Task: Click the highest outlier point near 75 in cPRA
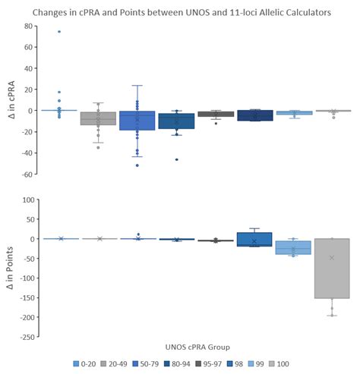(59, 32)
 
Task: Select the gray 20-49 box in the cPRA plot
(98, 118)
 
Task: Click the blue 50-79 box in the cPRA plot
(137, 121)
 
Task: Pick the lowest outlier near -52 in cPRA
(137, 165)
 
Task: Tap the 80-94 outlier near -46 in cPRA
(176, 159)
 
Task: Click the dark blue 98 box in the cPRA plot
(254, 115)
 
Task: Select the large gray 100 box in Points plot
(332, 269)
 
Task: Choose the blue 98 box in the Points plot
(254, 240)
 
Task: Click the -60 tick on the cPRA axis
(33, 174)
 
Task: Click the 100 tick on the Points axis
(32, 200)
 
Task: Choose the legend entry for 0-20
(82, 363)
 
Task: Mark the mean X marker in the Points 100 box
(332, 258)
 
